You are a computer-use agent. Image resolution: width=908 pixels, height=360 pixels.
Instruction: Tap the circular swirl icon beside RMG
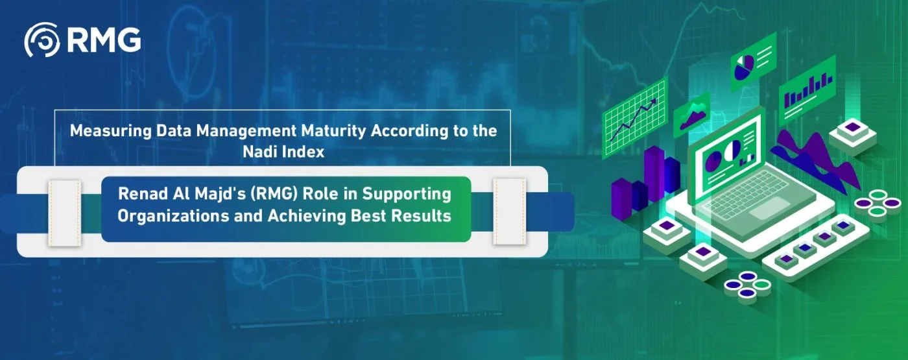[x=42, y=42]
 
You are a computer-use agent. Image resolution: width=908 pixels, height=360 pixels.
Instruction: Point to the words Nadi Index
[x=283, y=152]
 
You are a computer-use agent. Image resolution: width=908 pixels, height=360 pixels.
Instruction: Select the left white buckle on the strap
[x=64, y=212]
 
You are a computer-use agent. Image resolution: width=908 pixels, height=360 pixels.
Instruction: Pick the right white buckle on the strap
[x=508, y=212]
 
